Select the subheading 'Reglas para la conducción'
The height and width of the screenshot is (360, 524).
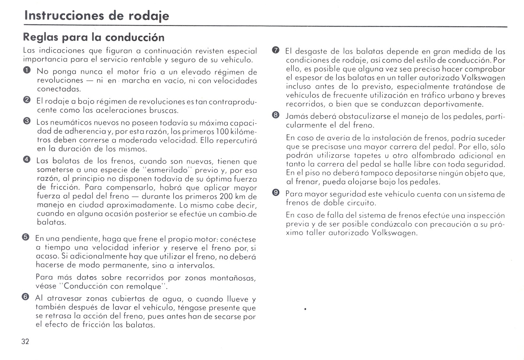[94, 38]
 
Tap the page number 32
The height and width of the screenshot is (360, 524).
[25, 341]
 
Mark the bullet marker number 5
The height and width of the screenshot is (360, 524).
[26, 238]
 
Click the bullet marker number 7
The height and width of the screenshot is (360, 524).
[276, 50]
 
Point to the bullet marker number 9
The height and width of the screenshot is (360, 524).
[276, 193]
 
